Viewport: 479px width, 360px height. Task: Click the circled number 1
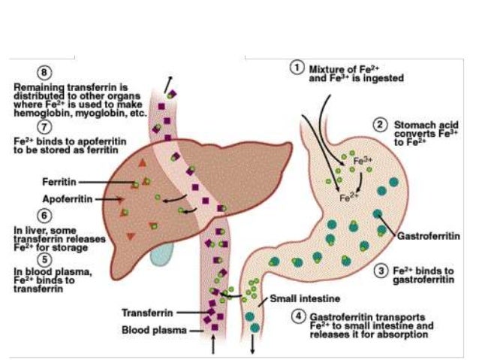tap(297, 67)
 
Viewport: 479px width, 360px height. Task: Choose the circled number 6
tap(23, 212)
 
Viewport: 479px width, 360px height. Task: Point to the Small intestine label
tap(298, 297)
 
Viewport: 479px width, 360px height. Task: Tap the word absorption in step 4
tap(406, 336)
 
